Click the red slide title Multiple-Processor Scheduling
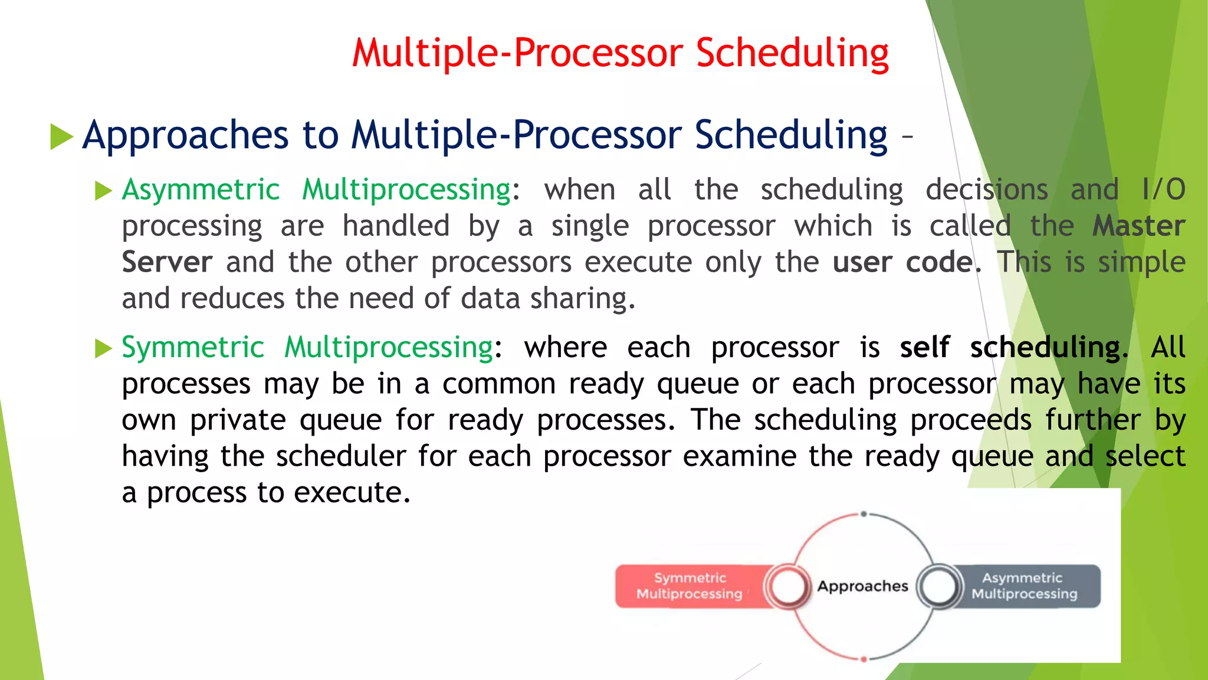[620, 53]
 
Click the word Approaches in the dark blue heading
[185, 135]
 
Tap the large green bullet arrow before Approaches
[61, 136]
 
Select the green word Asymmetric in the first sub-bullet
[201, 190]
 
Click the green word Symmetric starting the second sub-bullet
[192, 347]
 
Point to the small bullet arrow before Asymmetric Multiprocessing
[103, 191]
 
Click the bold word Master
[1138, 226]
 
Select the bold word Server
[167, 262]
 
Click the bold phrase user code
[902, 262]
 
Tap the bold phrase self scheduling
[1010, 347]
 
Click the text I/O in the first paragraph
[1163, 190]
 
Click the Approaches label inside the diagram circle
[862, 586]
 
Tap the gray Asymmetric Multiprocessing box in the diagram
[1023, 586]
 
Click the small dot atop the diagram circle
[864, 514]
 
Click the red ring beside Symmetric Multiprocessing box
[787, 586]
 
